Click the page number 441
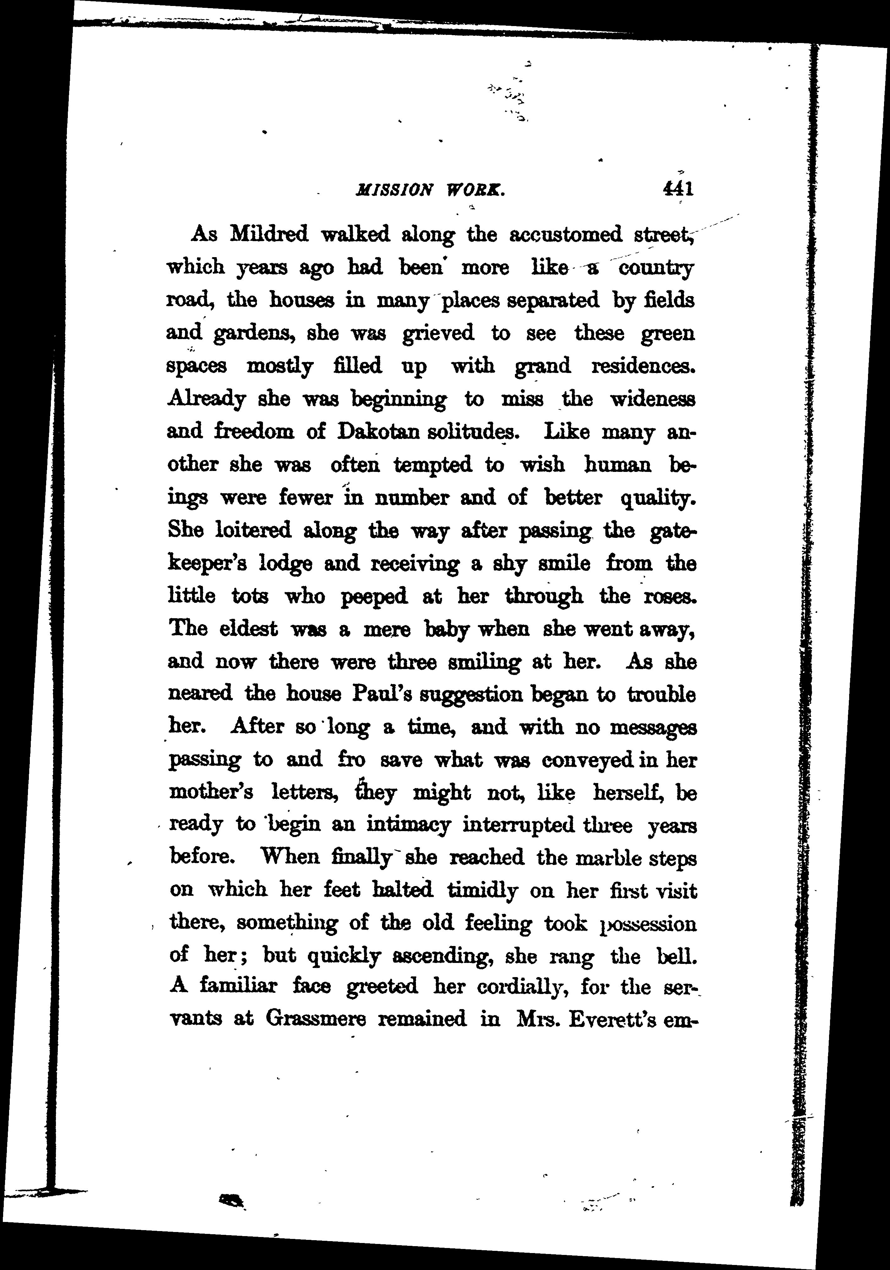pos(677,190)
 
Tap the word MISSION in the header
pos(393,191)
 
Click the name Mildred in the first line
pos(268,235)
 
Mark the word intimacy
pos(408,825)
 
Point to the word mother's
pos(211,793)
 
